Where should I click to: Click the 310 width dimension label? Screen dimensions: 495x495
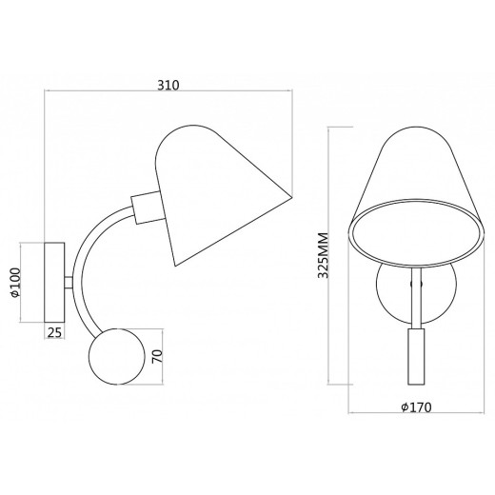pos(168,85)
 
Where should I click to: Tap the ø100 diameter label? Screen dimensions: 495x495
pos(15,283)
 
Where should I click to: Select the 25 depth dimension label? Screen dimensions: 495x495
pos(54,332)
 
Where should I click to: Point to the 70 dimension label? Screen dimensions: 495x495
pos(157,357)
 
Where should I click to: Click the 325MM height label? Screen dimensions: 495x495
pos(323,255)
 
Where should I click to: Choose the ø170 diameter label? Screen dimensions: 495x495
pos(416,407)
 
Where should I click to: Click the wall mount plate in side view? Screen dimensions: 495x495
pos(54,283)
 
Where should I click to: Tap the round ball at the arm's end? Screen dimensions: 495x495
pos(117,356)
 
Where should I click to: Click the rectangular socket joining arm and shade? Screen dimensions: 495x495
pos(148,208)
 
